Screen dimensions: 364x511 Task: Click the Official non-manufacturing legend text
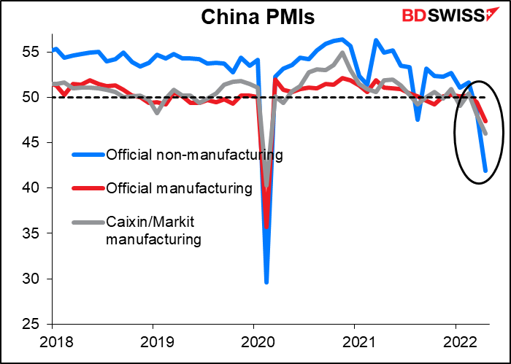[x=194, y=155]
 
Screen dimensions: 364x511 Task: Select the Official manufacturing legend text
[x=179, y=189]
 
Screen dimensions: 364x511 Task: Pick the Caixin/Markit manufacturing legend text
[x=154, y=230]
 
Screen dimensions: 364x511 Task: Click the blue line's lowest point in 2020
[x=266, y=282]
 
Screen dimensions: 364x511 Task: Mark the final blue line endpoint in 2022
[x=485, y=171]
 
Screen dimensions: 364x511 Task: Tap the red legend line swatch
[x=88, y=189]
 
